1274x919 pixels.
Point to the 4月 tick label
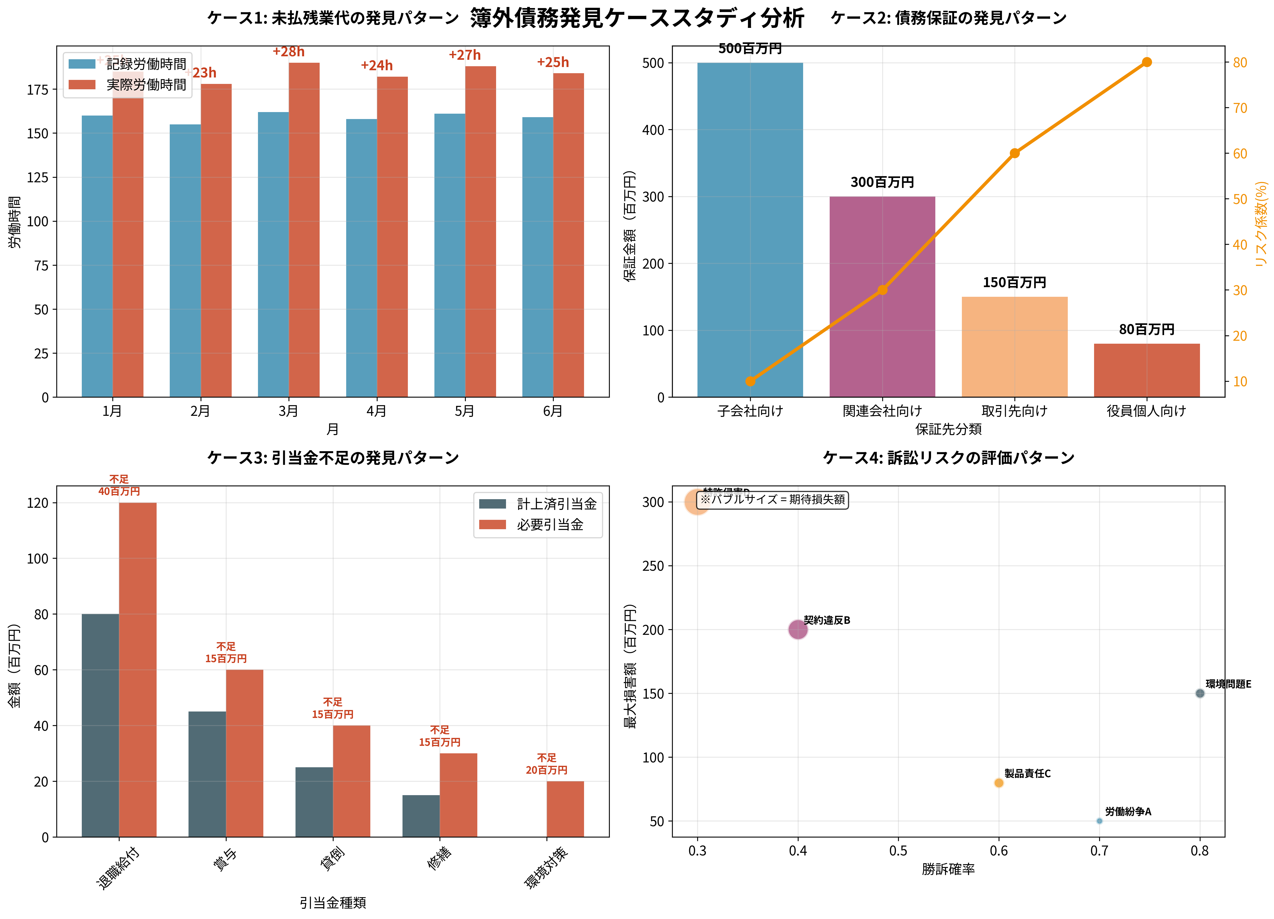[376, 411]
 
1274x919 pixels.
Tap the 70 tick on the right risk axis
[1240, 108]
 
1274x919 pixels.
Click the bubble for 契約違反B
[798, 630]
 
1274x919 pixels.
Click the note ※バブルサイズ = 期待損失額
[772, 499]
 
